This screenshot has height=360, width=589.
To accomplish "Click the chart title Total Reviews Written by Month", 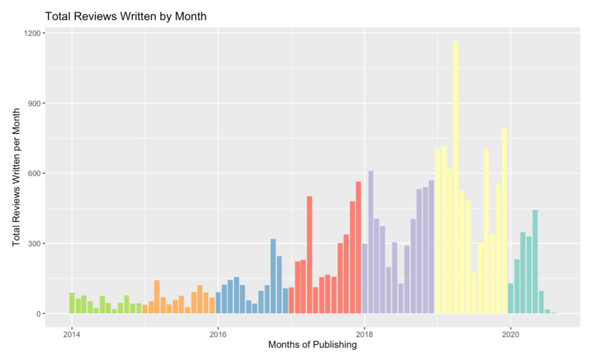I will (x=125, y=17).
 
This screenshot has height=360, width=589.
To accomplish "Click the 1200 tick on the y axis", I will (x=32, y=33).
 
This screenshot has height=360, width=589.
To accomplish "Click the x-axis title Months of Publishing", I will (x=312, y=346).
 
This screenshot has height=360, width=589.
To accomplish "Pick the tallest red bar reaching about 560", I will (x=358, y=248).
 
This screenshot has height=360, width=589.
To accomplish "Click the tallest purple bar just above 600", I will (x=371, y=242).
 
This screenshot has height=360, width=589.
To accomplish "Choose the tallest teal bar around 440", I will (x=535, y=262).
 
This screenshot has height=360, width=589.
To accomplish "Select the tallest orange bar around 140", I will (x=157, y=297).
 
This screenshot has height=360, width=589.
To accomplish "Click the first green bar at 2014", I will (x=72, y=303).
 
